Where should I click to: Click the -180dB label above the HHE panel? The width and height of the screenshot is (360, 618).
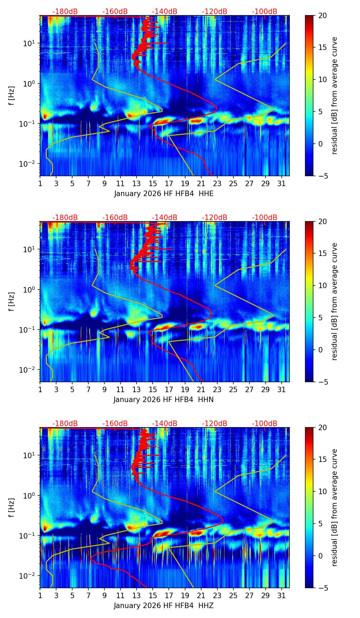(x=65, y=12)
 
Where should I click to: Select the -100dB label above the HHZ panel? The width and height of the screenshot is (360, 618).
(x=265, y=424)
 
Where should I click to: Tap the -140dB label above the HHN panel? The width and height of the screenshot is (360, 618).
(x=165, y=218)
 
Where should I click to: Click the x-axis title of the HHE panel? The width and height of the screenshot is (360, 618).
(x=164, y=194)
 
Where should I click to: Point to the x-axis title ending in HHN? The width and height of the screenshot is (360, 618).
(x=164, y=400)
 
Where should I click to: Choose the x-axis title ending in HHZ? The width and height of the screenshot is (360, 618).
(x=164, y=606)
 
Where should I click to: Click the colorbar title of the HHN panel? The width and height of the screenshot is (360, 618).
(x=335, y=301)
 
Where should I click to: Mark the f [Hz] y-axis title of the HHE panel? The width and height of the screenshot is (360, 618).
(x=12, y=95)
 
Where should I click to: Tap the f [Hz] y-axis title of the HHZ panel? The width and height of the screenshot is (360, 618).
(x=12, y=507)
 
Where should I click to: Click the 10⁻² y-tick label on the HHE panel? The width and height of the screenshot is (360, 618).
(x=30, y=164)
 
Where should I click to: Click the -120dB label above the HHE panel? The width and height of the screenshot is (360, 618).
(x=215, y=12)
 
